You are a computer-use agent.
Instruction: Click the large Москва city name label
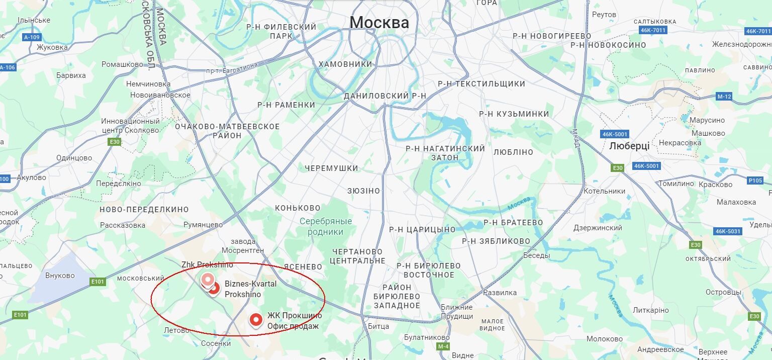[x=379, y=22]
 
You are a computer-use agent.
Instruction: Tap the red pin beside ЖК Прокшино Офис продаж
[x=256, y=320]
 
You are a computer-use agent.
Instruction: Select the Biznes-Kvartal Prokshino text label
[x=250, y=289]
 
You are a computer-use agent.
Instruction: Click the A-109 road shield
[x=32, y=37]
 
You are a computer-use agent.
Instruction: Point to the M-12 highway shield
[x=724, y=97]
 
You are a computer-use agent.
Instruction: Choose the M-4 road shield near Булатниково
[x=443, y=346]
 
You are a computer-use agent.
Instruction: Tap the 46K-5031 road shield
[x=727, y=231]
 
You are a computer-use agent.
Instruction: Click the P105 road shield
[x=755, y=180]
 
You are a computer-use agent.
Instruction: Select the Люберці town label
[x=629, y=146]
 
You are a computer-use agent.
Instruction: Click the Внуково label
[x=60, y=276]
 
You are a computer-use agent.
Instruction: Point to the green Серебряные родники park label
[x=326, y=226]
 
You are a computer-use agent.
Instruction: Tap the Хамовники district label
[x=345, y=64]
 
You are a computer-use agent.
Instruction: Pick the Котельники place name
[x=605, y=191]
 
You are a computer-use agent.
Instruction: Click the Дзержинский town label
[x=598, y=228]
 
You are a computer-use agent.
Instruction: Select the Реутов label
[x=604, y=15]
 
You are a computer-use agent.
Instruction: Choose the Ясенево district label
[x=303, y=266]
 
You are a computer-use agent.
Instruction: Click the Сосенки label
[x=215, y=343]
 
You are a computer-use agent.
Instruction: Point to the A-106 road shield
[x=7, y=67]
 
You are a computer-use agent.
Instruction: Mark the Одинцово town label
[x=74, y=158]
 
